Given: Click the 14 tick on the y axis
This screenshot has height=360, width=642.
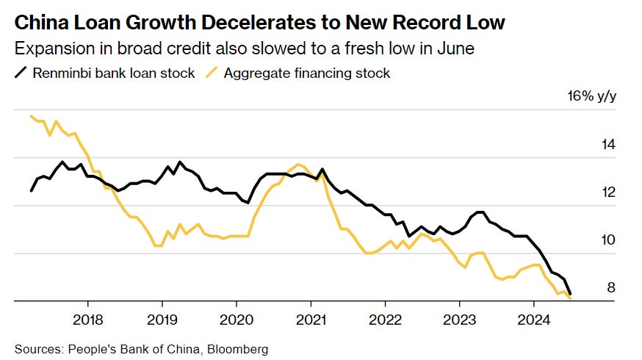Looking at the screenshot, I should click(x=608, y=145).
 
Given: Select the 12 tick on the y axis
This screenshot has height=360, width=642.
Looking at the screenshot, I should click(x=608, y=192).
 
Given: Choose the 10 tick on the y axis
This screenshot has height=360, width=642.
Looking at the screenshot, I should click(x=608, y=240).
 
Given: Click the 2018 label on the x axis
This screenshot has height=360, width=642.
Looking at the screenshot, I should click(x=88, y=320).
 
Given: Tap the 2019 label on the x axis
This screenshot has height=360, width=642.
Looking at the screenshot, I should click(x=162, y=320).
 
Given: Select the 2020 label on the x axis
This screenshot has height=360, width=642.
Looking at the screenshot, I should click(x=237, y=320).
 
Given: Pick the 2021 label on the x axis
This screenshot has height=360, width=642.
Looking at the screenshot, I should click(x=311, y=320).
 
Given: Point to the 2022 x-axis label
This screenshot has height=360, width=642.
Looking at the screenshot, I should click(x=385, y=320).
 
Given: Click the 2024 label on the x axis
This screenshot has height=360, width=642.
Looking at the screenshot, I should click(x=533, y=320).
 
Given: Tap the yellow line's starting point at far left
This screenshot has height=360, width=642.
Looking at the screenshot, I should click(x=32, y=116).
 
